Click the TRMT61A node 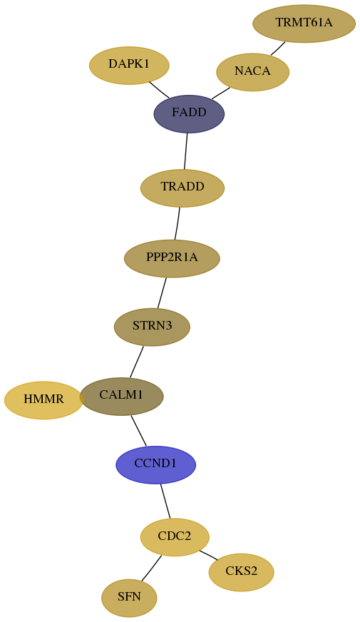click(x=304, y=24)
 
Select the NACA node click(x=252, y=72)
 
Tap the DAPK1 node click(x=129, y=65)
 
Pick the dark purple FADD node click(x=189, y=114)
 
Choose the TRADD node click(x=182, y=188)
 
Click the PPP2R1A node click(x=172, y=258)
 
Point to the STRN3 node click(x=153, y=327)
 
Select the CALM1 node click(x=121, y=396)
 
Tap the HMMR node click(x=43, y=400)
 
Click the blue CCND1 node click(x=156, y=464)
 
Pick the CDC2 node click(x=175, y=536)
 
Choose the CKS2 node click(x=242, y=572)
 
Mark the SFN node click(x=129, y=598)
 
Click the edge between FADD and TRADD click(x=185, y=151)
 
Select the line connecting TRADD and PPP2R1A click(x=178, y=223)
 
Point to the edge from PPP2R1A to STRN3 click(x=162, y=292)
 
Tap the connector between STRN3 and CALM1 click(x=136, y=362)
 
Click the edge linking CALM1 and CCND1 click(x=139, y=430)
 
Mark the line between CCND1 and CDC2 click(x=165, y=501)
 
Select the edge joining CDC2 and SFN click(x=151, y=568)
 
